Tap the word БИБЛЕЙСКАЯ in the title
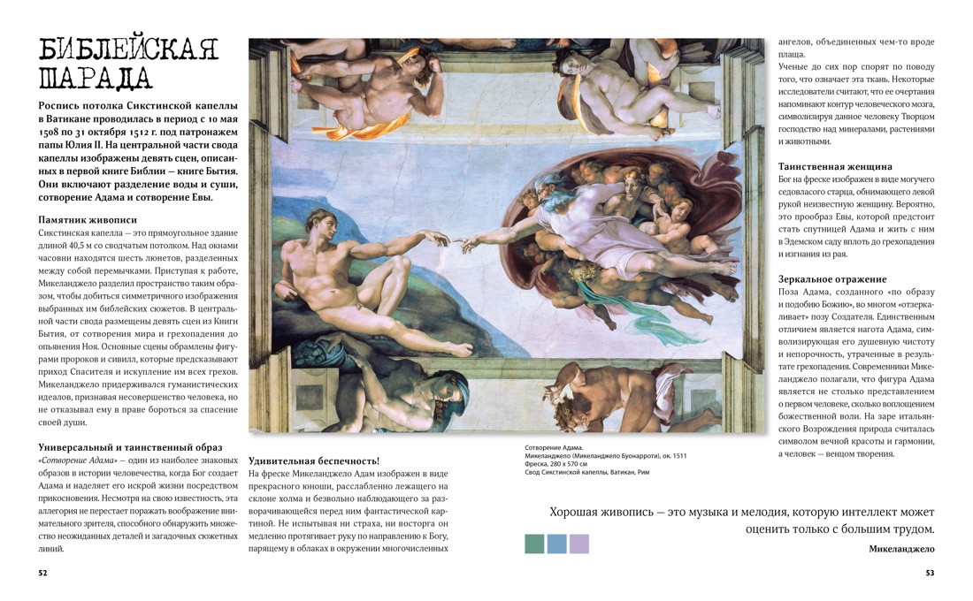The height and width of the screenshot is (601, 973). [128, 49]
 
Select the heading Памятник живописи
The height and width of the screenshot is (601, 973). [88, 219]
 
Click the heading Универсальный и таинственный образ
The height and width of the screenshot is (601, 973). [130, 447]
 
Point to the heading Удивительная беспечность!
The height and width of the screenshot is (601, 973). [314, 460]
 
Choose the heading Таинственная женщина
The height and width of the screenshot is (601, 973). [835, 166]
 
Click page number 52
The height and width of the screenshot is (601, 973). [42, 573]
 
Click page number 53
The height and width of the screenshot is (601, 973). [930, 573]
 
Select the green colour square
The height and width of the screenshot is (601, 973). [534, 544]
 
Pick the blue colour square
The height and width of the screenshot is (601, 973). [556, 544]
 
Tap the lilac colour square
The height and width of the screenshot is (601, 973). [578, 544]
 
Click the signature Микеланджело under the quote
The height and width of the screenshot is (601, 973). [901, 549]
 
